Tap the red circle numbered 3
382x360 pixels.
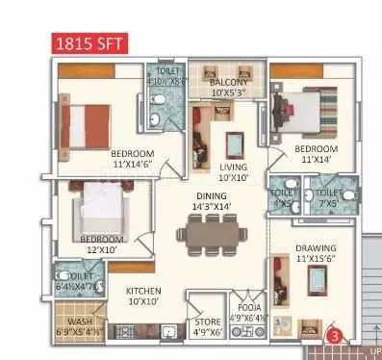click(334, 337)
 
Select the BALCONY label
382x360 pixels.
click(228, 88)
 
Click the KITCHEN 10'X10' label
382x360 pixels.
click(142, 296)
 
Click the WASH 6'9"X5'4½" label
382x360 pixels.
click(77, 327)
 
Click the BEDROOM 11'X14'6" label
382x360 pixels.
click(134, 160)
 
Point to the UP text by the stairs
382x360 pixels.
click(374, 350)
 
